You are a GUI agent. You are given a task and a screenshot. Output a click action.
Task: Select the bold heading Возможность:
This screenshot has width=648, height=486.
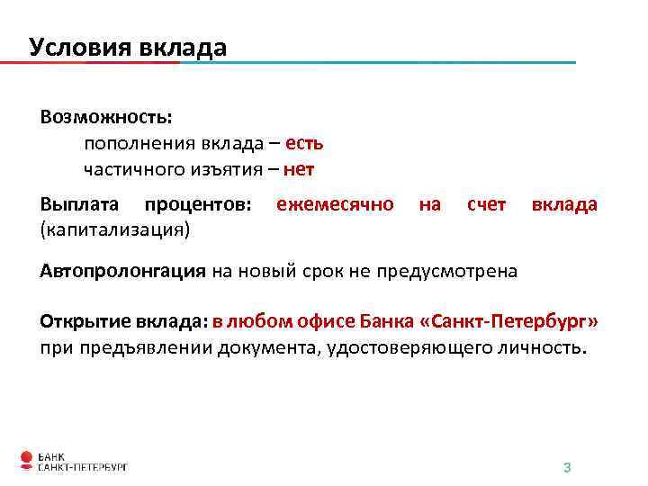pos(106,118)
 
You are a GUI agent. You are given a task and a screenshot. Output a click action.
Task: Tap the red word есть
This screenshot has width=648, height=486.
pos(305,143)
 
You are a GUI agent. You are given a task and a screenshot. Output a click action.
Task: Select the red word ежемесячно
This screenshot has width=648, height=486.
pos(335,204)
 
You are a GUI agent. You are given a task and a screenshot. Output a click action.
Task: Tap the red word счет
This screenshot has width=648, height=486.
pos(486,204)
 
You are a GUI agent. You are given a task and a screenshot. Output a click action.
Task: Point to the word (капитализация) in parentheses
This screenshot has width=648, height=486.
pos(115,229)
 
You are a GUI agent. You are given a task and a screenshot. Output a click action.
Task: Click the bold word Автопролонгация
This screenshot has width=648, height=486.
pos(123,272)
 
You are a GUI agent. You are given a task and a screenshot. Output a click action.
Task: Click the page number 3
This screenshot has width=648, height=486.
pos(567,468)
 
